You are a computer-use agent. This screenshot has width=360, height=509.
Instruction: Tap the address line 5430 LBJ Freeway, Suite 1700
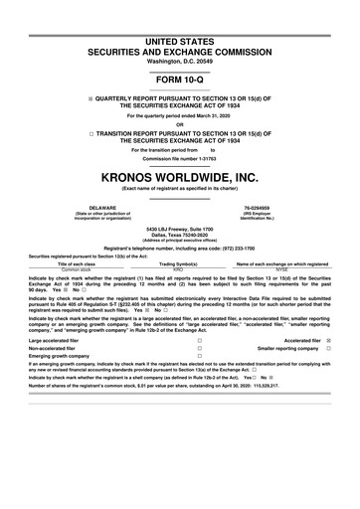coord(180,229)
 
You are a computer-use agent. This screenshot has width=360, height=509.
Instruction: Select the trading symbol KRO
coord(179,268)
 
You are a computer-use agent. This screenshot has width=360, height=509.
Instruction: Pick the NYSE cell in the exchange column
coord(281,268)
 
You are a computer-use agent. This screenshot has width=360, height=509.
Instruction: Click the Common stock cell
coord(77,268)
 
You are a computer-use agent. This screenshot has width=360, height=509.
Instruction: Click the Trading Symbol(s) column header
coord(179,263)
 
